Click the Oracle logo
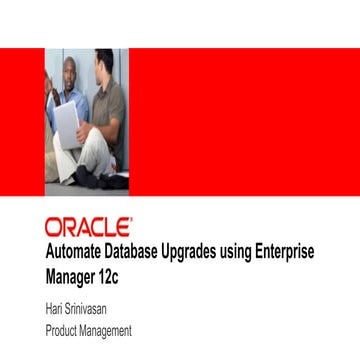coord(87,225)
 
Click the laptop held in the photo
coord(66,125)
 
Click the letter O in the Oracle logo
coord(53,225)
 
